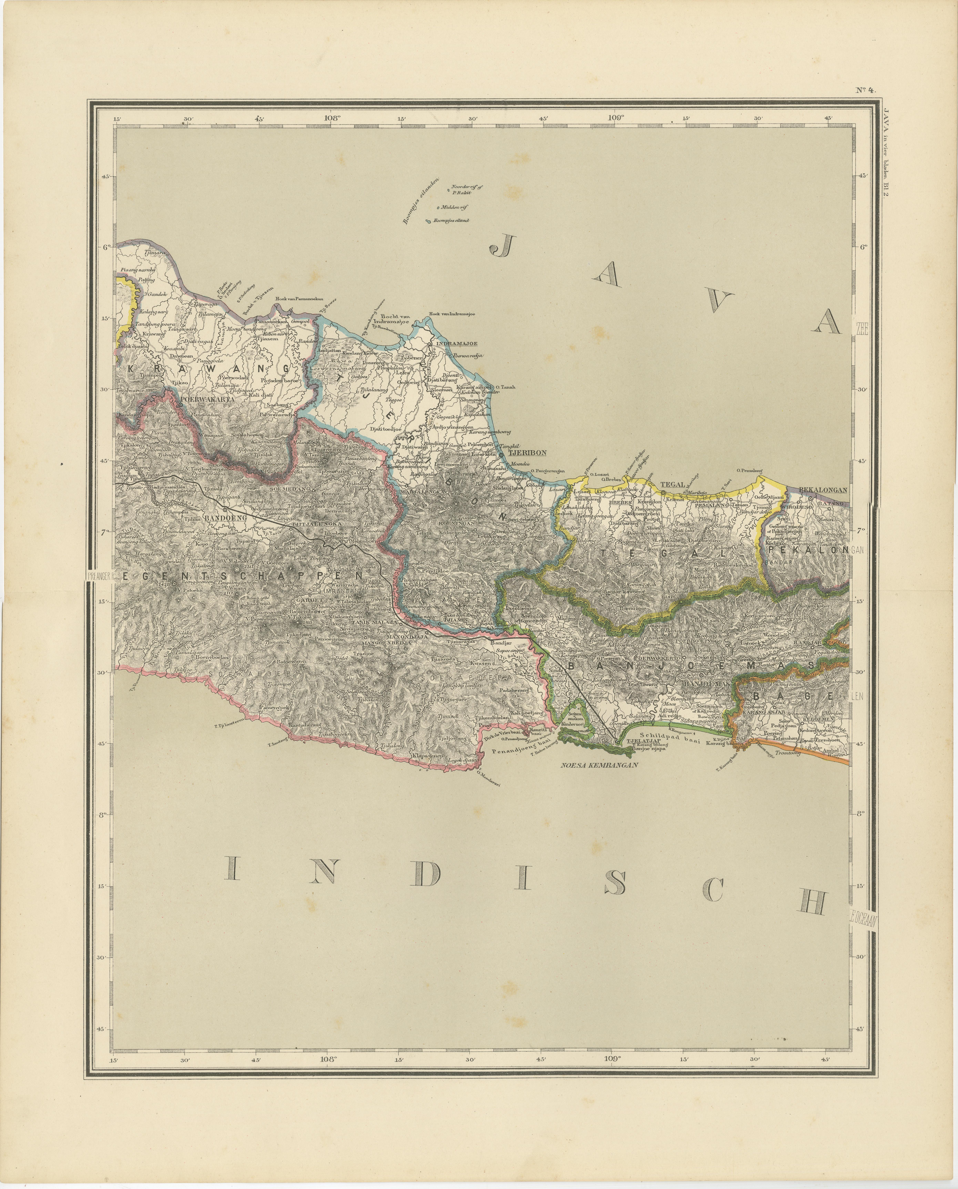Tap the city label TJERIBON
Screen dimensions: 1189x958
pos(526,453)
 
